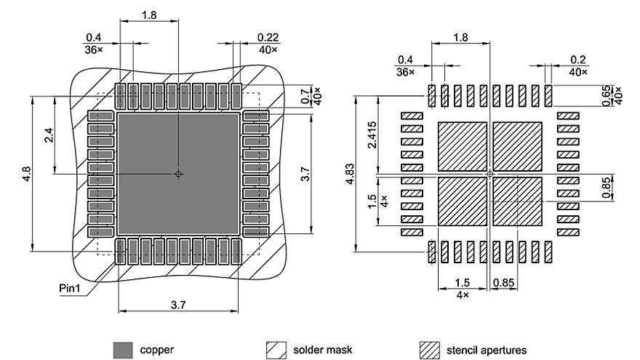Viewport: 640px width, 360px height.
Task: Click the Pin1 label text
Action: tap(71, 288)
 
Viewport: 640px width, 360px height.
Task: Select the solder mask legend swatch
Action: tap(276, 350)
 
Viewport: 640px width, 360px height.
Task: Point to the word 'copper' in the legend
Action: tap(156, 350)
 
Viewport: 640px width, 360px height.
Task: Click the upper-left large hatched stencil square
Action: tap(462, 146)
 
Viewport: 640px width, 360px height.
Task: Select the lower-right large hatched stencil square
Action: tap(518, 202)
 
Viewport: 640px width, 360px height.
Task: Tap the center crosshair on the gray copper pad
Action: tap(178, 174)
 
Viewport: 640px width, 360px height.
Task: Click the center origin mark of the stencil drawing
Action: tap(490, 174)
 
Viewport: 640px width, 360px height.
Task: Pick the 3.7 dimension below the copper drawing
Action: tap(177, 305)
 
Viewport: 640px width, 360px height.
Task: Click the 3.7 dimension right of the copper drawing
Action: tap(306, 175)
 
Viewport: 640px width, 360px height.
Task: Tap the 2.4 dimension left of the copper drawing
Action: tap(49, 135)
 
